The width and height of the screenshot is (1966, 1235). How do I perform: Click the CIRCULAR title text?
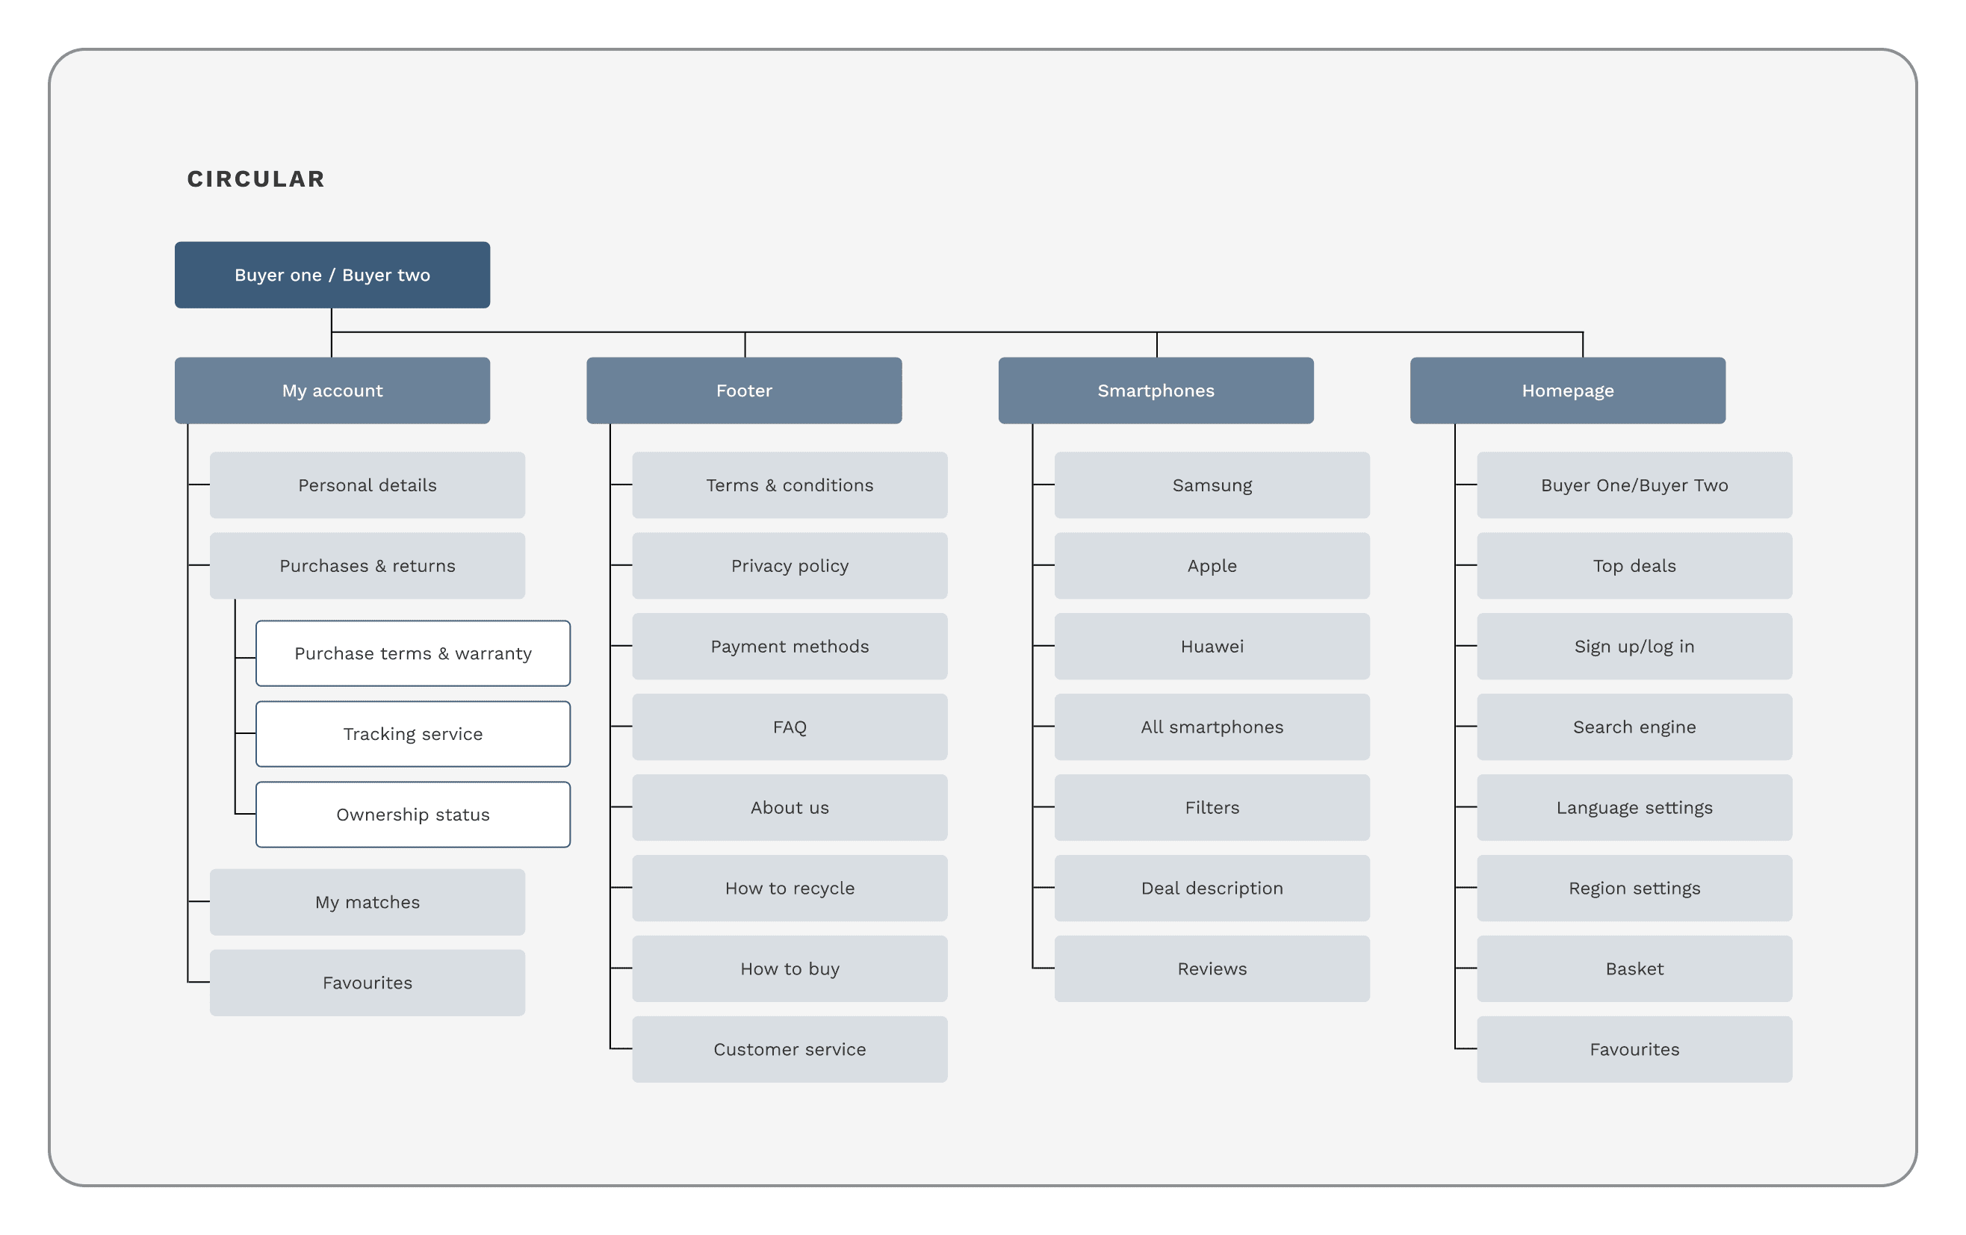(x=255, y=178)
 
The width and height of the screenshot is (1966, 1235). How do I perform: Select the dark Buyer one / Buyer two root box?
(x=332, y=275)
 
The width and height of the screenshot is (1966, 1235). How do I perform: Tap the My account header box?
(x=332, y=391)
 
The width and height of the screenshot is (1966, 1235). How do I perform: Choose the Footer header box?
(x=744, y=391)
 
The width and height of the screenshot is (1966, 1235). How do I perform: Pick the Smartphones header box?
(x=1156, y=391)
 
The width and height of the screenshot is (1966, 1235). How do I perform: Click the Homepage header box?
(x=1568, y=391)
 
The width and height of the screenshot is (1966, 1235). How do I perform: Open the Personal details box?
(x=368, y=485)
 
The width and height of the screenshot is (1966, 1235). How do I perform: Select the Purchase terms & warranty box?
(x=413, y=653)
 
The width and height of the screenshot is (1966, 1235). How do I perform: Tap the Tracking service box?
(x=413, y=734)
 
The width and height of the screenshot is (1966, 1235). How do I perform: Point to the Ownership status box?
(x=413, y=815)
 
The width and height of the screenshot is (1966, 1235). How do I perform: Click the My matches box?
(x=368, y=902)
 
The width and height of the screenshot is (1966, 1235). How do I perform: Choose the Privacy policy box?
(x=790, y=566)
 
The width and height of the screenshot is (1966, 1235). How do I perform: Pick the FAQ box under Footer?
(x=790, y=727)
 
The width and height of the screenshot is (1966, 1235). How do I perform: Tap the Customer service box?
(x=790, y=1049)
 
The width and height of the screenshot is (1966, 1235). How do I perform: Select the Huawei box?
(x=1212, y=647)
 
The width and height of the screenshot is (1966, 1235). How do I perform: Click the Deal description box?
(x=1212, y=888)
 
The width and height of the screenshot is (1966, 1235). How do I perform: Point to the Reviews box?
(x=1212, y=969)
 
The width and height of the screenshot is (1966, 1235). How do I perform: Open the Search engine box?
(x=1634, y=727)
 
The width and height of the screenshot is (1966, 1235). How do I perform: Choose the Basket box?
(x=1634, y=969)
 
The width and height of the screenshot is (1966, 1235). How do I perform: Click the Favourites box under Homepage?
(x=1634, y=1049)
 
